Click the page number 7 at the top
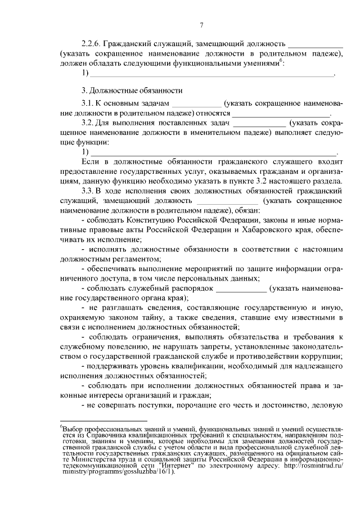(x=201, y=24)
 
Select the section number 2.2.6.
(x=92, y=43)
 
